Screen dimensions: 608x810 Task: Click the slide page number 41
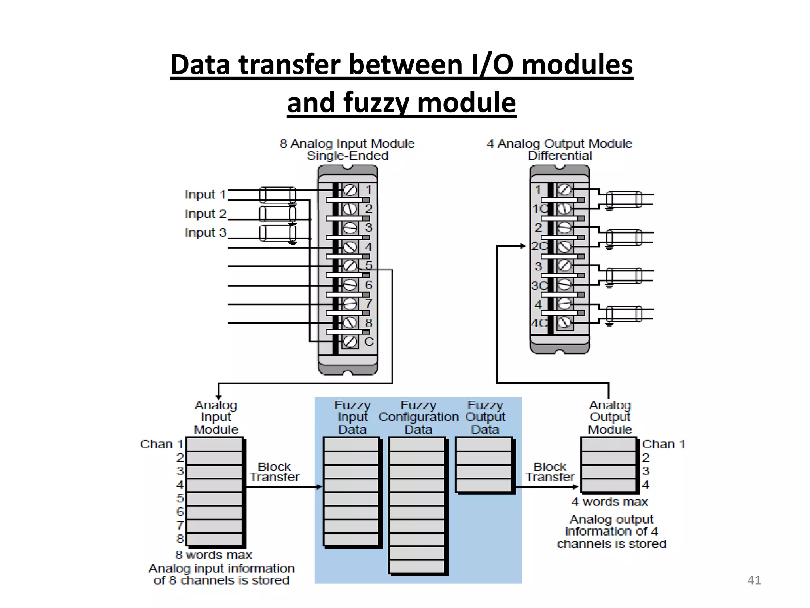[754, 580]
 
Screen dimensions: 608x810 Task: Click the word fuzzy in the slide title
[377, 103]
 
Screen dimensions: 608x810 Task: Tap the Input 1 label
[205, 194]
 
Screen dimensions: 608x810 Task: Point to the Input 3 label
[205, 232]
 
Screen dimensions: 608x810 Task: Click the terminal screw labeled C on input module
[350, 341]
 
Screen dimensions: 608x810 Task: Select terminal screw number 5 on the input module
[350, 266]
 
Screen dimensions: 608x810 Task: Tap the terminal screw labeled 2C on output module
[564, 247]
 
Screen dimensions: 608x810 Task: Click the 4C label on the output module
[539, 323]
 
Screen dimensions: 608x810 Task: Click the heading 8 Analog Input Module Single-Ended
[347, 149]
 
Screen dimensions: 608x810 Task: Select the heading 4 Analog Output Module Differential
[559, 149]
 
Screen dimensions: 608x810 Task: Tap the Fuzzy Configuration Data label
[418, 417]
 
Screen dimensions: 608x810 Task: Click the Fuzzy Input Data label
[352, 417]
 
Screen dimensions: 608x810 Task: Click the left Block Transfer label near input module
[274, 472]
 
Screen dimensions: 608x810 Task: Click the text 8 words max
[214, 555]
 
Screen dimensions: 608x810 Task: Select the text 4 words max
[609, 502]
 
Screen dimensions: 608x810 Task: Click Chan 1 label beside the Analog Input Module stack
[161, 444]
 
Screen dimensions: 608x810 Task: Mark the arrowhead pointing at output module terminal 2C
[523, 246]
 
